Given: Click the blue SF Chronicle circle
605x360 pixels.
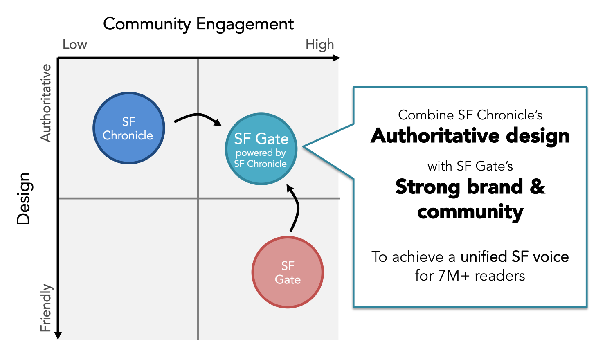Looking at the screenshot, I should [x=128, y=128].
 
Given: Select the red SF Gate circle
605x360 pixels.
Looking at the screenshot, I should [x=288, y=272].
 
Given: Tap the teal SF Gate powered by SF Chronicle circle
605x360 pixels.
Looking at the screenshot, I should [x=261, y=149].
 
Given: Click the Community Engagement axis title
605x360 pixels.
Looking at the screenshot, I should [x=198, y=24].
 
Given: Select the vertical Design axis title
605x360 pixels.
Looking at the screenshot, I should [x=24, y=198].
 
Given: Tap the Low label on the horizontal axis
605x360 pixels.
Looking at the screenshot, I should [x=74, y=44].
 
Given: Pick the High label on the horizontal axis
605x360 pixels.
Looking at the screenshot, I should [x=319, y=44].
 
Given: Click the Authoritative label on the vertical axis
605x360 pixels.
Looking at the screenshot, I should [x=46, y=103].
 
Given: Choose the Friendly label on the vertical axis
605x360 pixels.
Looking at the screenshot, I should [x=46, y=308].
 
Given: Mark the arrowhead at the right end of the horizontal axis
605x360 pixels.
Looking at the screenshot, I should [x=336, y=58].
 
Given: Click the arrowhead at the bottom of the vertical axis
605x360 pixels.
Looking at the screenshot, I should [x=58, y=335].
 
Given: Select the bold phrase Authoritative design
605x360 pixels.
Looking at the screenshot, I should [x=470, y=136].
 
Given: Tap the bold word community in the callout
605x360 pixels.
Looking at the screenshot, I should [x=470, y=212].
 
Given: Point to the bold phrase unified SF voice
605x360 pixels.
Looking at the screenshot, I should [x=514, y=256].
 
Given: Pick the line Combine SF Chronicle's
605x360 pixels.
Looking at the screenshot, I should [x=470, y=115].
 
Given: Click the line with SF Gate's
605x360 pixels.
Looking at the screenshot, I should [x=470, y=166].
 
